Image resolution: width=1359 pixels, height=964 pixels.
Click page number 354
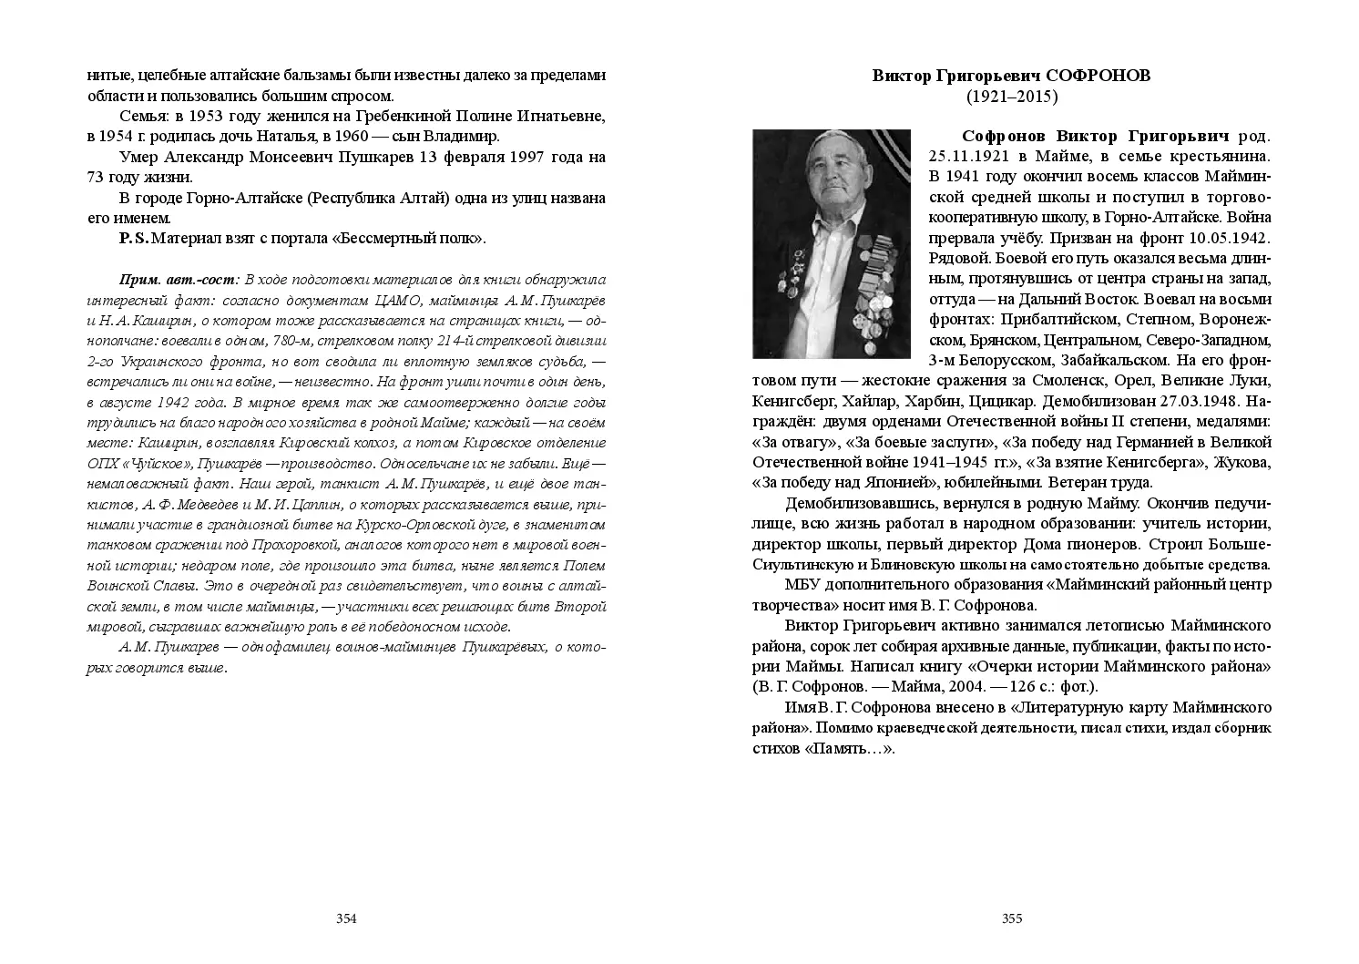[346, 918]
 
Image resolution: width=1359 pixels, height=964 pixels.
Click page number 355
[1012, 918]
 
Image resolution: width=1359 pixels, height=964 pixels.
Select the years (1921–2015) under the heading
[1011, 96]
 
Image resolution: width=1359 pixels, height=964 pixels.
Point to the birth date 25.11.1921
[972, 156]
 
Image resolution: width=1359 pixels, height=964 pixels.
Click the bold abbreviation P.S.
[133, 239]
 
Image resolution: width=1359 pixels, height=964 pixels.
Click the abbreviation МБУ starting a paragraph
[803, 584]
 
